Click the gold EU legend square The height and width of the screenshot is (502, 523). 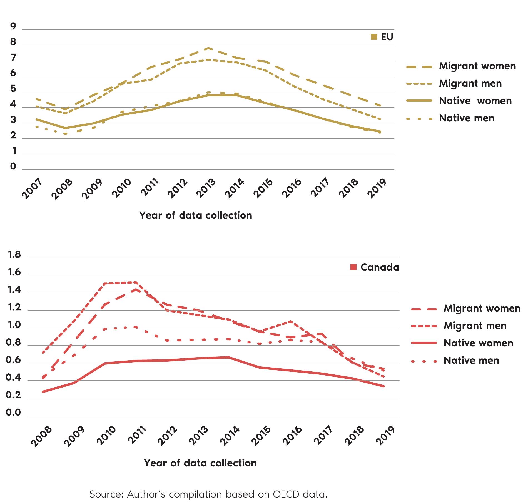(x=374, y=37)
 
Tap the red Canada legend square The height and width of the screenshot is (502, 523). (x=353, y=267)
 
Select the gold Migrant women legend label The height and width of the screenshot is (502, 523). (x=477, y=66)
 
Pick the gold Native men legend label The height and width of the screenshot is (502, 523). (x=467, y=118)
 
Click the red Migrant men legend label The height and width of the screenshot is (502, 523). (x=475, y=326)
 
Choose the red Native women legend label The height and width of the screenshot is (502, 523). (x=478, y=343)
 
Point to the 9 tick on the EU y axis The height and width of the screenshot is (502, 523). (x=13, y=26)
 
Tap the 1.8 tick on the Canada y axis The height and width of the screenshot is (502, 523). (x=14, y=255)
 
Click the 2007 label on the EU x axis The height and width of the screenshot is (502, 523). (x=31, y=189)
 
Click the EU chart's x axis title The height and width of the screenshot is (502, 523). (x=196, y=216)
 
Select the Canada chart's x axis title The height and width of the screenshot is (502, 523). (x=200, y=463)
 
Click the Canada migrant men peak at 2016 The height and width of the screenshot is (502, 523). (x=290, y=321)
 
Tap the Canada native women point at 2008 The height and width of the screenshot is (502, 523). (x=43, y=392)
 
